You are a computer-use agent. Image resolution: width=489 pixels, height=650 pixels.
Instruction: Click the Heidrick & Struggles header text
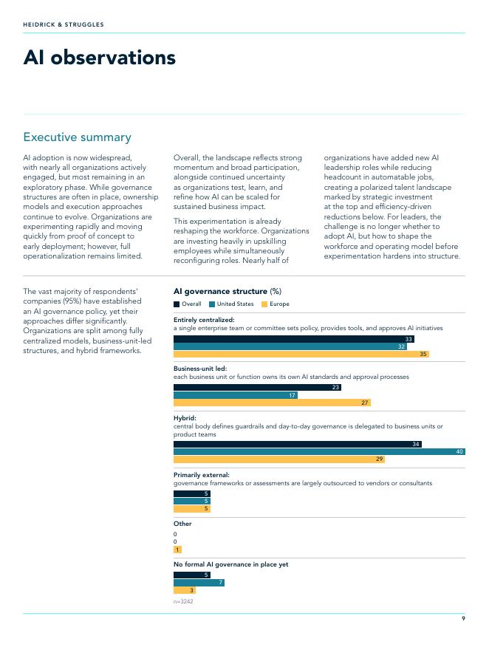pos(64,24)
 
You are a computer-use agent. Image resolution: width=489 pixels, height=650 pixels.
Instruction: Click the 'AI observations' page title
pos(100,57)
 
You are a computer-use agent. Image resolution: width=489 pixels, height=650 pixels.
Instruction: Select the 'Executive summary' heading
pos(77,137)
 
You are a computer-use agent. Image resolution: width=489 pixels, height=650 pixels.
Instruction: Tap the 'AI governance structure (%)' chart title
pos(228,291)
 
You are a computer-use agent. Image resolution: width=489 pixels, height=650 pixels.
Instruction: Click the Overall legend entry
pos(188,304)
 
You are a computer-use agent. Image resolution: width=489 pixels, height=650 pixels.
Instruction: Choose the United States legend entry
pos(231,304)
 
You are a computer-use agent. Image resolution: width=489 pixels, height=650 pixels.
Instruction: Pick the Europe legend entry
pos(276,304)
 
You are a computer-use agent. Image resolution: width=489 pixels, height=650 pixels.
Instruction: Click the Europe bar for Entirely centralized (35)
pos(301,354)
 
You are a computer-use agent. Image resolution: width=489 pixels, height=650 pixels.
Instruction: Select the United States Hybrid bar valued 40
pos(319,451)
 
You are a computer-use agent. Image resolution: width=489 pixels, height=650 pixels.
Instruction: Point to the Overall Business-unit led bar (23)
pos(257,387)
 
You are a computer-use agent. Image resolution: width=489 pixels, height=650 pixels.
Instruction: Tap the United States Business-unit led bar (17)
pos(236,395)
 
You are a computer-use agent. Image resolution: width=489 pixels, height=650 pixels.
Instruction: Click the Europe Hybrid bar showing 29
pos(279,459)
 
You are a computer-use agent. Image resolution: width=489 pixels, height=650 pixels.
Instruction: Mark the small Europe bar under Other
pos(177,550)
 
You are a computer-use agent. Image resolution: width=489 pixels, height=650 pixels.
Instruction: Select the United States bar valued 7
pos(199,583)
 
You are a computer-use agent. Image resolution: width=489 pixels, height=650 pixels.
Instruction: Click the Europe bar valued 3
pos(185,590)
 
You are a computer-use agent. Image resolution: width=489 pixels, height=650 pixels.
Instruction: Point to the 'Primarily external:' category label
pos(202,475)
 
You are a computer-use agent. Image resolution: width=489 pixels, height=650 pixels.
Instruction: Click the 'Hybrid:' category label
pos(185,418)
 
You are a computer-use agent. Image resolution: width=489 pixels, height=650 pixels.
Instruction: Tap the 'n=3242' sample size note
pos(183,601)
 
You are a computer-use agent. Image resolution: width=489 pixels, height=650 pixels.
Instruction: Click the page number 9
pos(463,618)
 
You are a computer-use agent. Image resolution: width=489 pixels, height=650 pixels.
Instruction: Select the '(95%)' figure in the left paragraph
pos(72,301)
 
